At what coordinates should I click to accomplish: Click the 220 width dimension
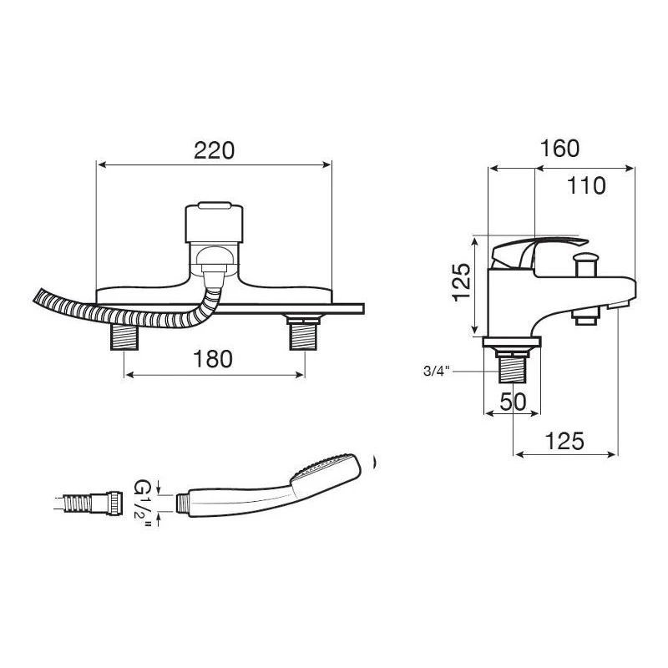pyautogui.click(x=215, y=150)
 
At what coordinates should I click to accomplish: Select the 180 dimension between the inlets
pyautogui.click(x=212, y=359)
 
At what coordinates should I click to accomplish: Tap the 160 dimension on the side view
pyautogui.click(x=559, y=149)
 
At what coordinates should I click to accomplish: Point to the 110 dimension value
pyautogui.click(x=586, y=186)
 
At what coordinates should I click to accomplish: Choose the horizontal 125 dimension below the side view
pyautogui.click(x=564, y=440)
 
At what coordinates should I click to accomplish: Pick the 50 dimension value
pyautogui.click(x=513, y=402)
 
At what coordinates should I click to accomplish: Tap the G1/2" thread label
pyautogui.click(x=145, y=500)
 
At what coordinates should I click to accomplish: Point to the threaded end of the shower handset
pyautogui.click(x=185, y=501)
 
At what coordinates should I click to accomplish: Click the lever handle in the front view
pyautogui.click(x=215, y=223)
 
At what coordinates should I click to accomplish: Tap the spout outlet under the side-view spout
pyautogui.click(x=588, y=316)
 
